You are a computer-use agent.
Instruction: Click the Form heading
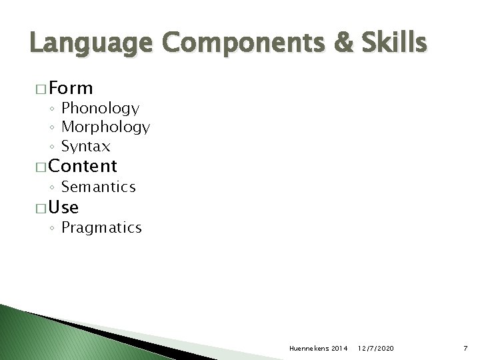point(71,88)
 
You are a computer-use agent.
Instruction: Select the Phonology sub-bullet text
point(100,109)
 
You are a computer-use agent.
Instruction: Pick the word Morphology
point(105,127)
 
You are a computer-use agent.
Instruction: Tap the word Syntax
point(85,146)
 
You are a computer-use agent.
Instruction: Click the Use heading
point(64,207)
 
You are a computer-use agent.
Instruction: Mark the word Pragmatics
point(101,228)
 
